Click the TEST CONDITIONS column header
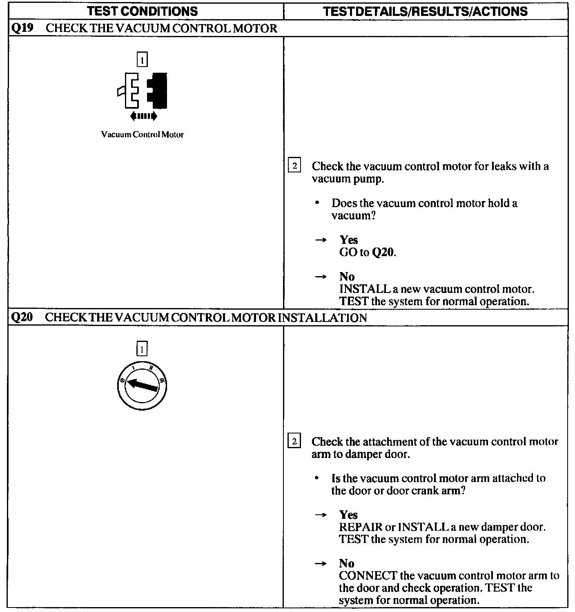[143, 11]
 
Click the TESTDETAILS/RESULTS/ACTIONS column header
[425, 11]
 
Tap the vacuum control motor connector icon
[143, 91]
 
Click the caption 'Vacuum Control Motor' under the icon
[142, 134]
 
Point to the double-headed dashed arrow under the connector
[143, 116]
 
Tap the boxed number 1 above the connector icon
[142, 60]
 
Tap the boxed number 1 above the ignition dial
[142, 349]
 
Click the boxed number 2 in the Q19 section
[294, 166]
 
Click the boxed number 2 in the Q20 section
[294, 442]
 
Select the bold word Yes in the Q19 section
[348, 240]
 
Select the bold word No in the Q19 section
[347, 277]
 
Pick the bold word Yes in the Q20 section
[348, 515]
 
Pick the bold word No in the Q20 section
[347, 563]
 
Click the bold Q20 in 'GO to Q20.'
[383, 252]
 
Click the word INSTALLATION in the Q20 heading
[322, 317]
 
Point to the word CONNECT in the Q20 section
[368, 576]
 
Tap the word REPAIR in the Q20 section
[361, 527]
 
